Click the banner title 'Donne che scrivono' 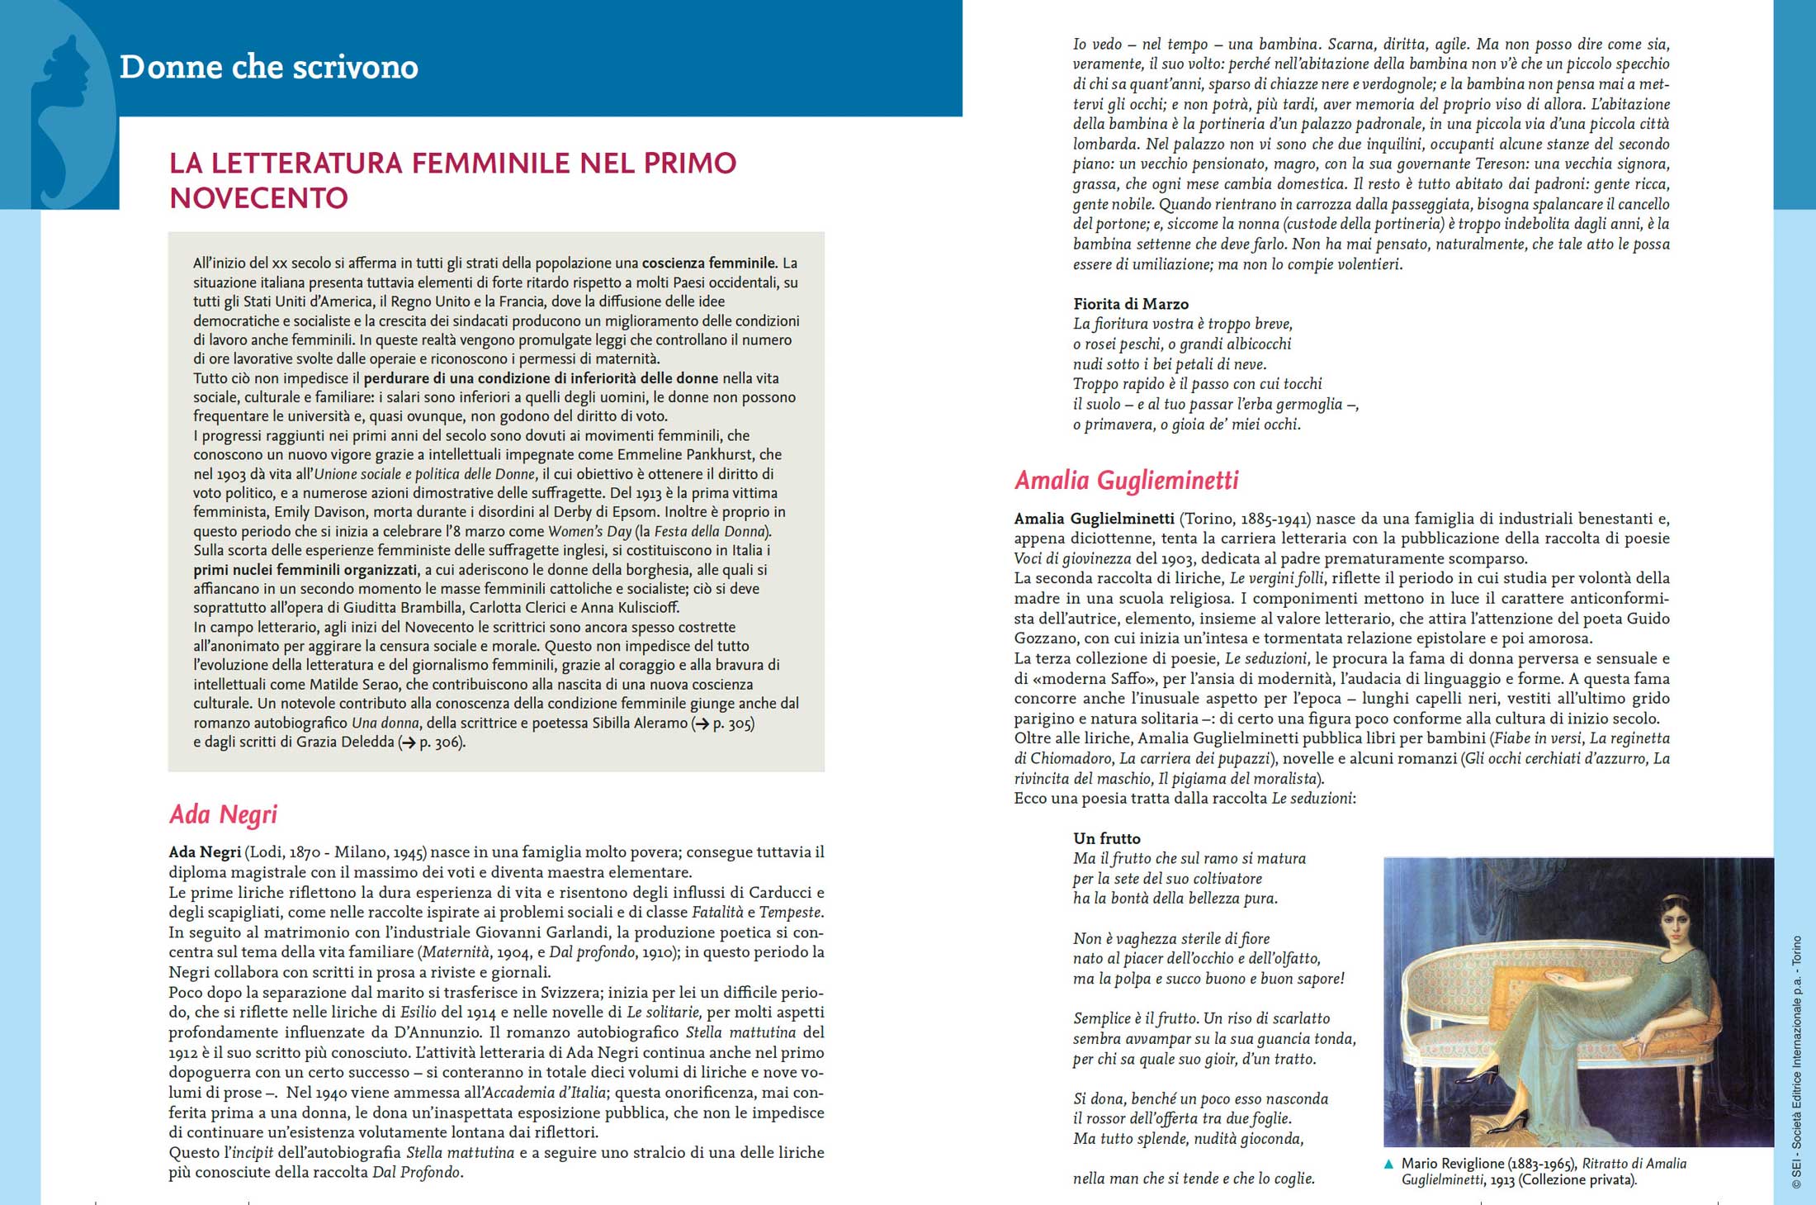[x=269, y=67]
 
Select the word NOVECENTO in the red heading [x=259, y=198]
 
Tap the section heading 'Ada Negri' [x=223, y=814]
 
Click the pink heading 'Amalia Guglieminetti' [x=1127, y=480]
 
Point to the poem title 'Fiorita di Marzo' [x=1131, y=304]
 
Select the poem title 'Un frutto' [x=1107, y=838]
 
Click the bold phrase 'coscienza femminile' [x=709, y=263]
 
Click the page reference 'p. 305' [x=731, y=723]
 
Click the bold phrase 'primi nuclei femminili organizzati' [x=305, y=570]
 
